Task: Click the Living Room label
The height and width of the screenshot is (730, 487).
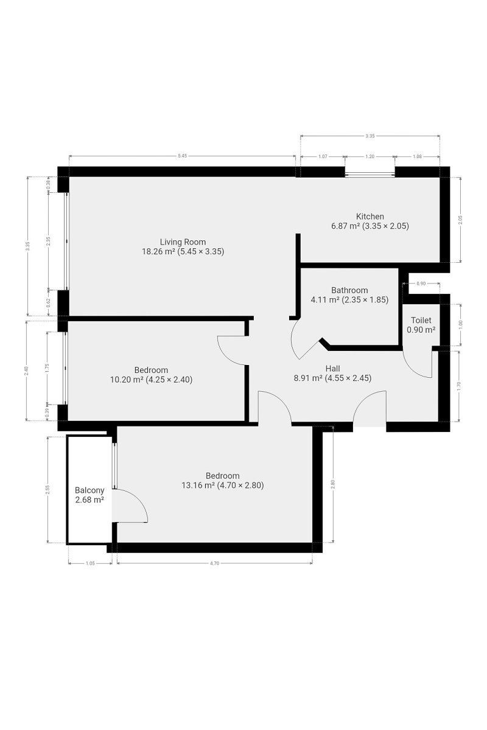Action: tap(183, 242)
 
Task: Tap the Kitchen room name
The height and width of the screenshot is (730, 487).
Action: tap(370, 217)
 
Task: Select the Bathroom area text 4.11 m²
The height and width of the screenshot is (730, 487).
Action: tap(325, 299)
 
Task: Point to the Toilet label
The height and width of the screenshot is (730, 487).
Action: tap(421, 320)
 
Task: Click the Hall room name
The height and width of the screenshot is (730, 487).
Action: tap(332, 369)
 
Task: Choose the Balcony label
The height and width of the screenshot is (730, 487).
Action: tap(89, 490)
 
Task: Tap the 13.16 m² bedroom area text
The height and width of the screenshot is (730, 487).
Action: tap(198, 485)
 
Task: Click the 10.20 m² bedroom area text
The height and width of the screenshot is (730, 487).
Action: tap(127, 380)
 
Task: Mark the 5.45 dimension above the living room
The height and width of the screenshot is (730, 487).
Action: tap(183, 156)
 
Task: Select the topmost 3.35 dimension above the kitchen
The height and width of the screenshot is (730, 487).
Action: tap(370, 136)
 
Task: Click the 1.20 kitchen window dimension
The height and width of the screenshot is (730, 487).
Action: tap(370, 156)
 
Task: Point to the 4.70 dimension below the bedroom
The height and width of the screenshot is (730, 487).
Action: tap(214, 563)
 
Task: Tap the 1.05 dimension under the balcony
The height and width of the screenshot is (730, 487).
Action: tap(90, 563)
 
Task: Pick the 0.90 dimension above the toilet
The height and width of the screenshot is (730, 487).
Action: tap(421, 283)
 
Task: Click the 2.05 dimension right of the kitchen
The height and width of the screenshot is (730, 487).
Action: tap(460, 220)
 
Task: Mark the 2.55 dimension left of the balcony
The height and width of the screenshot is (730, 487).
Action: tap(48, 490)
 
